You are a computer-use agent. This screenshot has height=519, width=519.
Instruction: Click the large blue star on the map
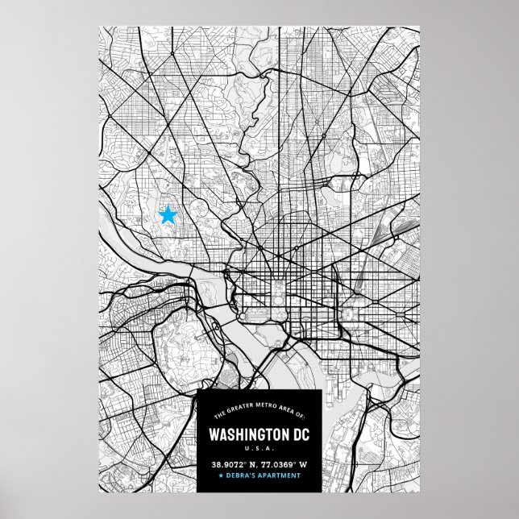click(168, 215)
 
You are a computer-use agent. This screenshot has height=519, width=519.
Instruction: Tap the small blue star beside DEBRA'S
click(221, 476)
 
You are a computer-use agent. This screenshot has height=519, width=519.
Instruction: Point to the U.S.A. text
click(259, 449)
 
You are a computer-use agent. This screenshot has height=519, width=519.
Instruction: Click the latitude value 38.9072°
click(229, 464)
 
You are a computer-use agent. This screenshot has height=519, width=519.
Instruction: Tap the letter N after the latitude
click(251, 464)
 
